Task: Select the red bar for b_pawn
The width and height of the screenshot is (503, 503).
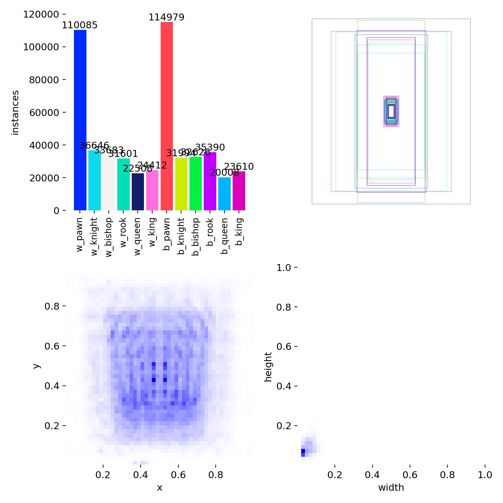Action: tap(167, 116)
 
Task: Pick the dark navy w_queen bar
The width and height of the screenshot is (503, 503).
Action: tap(138, 192)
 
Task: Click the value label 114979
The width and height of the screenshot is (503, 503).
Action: tap(166, 17)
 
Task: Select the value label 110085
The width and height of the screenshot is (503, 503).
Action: tap(80, 25)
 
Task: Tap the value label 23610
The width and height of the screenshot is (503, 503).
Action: tap(239, 167)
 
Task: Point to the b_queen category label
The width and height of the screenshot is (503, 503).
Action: tap(224, 236)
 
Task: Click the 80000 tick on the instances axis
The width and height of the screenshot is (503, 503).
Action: tap(44, 80)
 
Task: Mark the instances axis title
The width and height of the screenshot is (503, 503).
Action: tap(15, 113)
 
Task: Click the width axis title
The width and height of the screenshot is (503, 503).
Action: tap(391, 488)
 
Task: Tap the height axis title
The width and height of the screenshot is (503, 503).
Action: tap(268, 367)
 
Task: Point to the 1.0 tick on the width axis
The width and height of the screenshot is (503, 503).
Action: tap(485, 475)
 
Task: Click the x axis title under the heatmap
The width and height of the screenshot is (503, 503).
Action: tap(160, 488)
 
